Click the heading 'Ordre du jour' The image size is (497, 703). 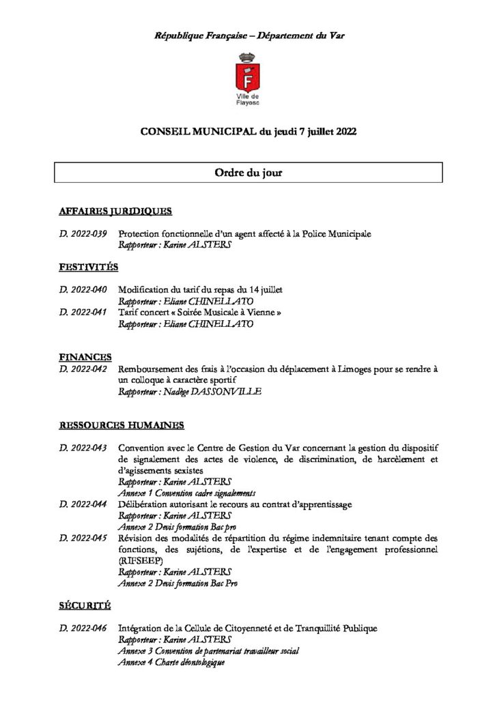(248, 173)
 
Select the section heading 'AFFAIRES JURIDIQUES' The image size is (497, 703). (115, 211)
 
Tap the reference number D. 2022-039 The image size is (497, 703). (83, 234)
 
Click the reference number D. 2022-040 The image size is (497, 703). (83, 290)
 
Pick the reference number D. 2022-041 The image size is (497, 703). (83, 313)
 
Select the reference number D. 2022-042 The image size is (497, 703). (83, 369)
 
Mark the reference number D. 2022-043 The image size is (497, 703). (83, 448)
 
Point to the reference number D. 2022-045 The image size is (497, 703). (83, 539)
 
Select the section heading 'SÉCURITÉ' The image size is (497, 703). (85, 605)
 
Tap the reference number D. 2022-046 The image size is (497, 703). (83, 628)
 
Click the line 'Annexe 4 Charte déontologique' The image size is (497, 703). (171, 662)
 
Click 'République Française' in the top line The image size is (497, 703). (195, 35)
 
